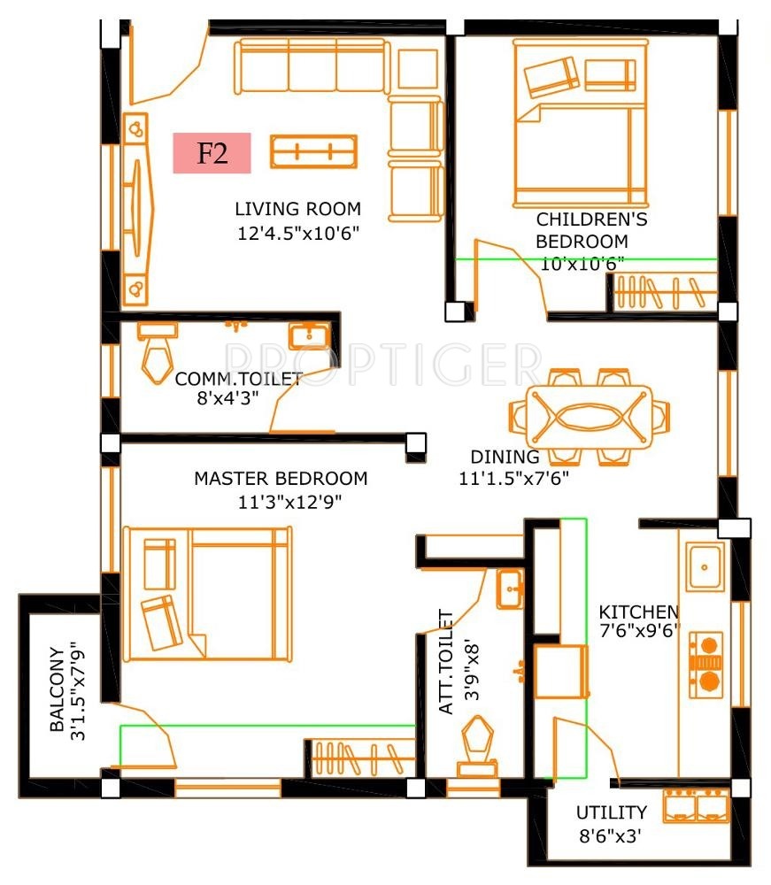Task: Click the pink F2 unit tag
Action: click(x=212, y=153)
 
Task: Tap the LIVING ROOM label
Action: click(x=298, y=209)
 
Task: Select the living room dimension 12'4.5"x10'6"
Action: click(x=298, y=233)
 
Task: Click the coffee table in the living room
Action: click(x=313, y=151)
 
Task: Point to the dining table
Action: click(x=589, y=417)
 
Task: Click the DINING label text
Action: click(x=505, y=457)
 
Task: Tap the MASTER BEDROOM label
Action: click(x=281, y=479)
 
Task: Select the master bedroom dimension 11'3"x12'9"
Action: click(x=289, y=502)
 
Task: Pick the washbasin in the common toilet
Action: click(x=309, y=336)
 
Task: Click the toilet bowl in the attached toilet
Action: click(x=477, y=746)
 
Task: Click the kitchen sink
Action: click(x=705, y=566)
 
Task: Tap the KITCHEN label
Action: click(x=639, y=612)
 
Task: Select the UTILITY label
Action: click(x=612, y=812)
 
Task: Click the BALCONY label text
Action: click(x=57, y=689)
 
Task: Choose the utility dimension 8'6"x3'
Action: click(x=610, y=835)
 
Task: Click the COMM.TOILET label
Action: click(x=238, y=379)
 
